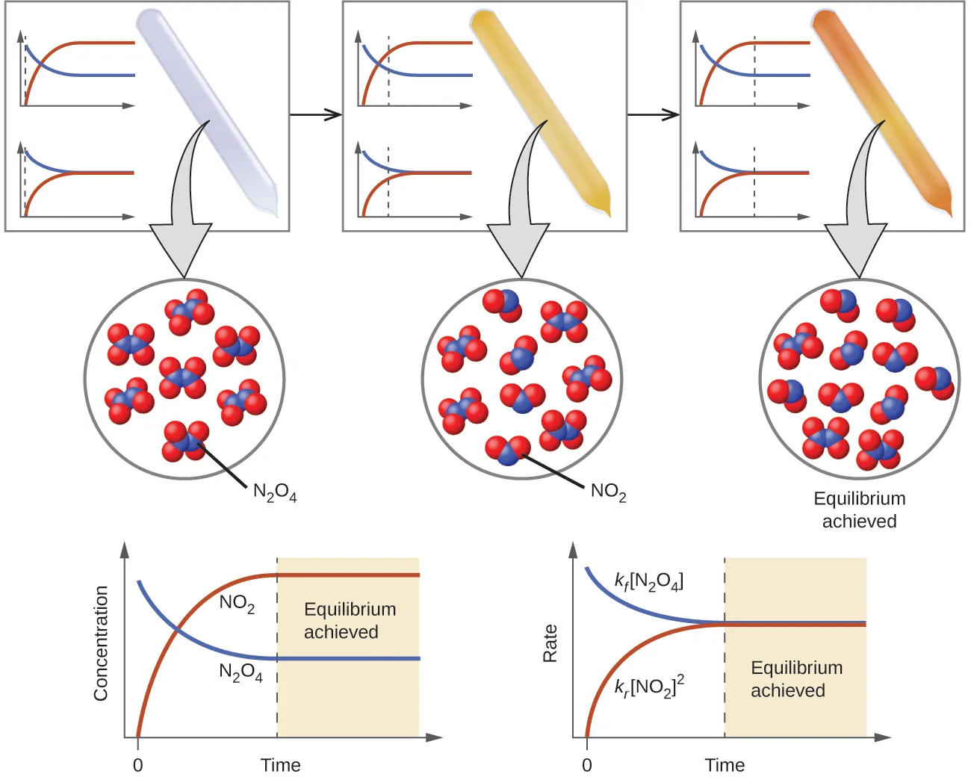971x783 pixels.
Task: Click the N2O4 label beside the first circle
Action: point(274,492)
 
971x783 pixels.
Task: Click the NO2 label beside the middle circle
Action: point(608,492)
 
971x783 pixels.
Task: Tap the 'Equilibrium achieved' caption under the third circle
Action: point(859,510)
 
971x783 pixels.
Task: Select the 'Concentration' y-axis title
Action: point(101,643)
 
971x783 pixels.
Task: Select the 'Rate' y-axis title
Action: point(550,643)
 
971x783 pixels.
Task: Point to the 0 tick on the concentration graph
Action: point(137,765)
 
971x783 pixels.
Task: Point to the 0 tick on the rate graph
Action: point(586,765)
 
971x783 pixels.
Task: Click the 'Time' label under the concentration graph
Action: point(280,765)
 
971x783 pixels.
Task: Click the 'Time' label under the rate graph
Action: point(724,765)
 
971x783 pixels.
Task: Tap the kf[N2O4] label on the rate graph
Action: point(648,581)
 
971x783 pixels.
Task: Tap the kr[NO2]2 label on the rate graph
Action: point(649,686)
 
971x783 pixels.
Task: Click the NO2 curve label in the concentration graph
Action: point(237,604)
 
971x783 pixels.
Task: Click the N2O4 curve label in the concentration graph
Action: point(241,672)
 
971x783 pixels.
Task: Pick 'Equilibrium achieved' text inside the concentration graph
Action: point(349,620)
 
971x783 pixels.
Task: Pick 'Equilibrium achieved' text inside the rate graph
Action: point(795,678)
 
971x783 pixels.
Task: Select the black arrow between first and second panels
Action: point(315,115)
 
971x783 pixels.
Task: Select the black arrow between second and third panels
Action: point(653,115)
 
